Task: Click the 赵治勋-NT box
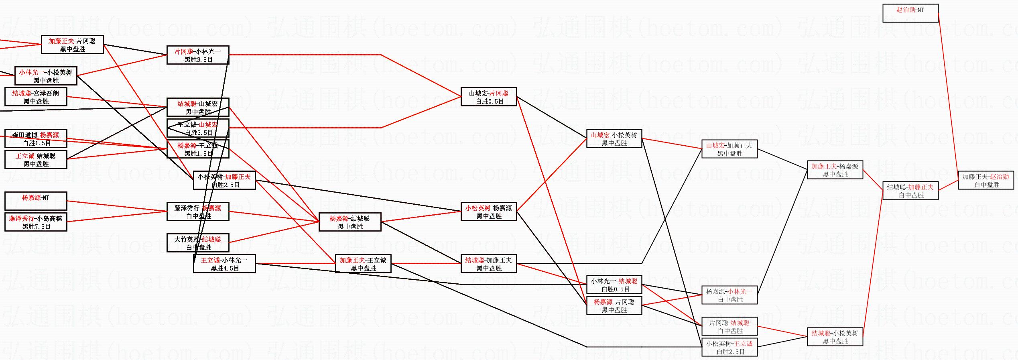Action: [x=910, y=13]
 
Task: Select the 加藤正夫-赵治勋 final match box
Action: [x=985, y=181]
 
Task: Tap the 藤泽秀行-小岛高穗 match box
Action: [x=36, y=222]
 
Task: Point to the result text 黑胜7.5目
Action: [x=36, y=227]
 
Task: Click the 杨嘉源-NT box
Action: [x=36, y=201]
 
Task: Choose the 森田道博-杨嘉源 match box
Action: [x=36, y=139]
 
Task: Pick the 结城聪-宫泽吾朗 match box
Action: [x=36, y=97]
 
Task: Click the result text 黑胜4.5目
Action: [x=225, y=268]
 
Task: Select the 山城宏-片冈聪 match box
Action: [x=489, y=97]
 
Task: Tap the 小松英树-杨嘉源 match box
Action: [x=489, y=212]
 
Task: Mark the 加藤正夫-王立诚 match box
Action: [x=363, y=264]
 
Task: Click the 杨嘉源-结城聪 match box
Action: [x=350, y=222]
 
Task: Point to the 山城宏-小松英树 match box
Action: [x=614, y=139]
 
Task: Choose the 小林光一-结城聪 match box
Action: [x=614, y=285]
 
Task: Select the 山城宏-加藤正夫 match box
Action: [x=729, y=149]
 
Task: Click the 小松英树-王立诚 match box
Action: [x=729, y=348]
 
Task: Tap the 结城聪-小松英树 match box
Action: [x=835, y=337]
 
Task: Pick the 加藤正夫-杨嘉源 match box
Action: [x=835, y=170]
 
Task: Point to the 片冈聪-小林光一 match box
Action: [x=198, y=55]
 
